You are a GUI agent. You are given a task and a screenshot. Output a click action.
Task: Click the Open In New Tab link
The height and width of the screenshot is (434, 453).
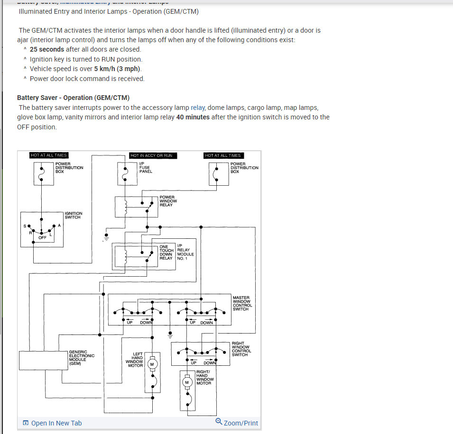pos(56,423)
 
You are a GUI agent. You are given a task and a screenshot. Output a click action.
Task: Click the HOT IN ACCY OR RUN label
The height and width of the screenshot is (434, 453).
pos(151,155)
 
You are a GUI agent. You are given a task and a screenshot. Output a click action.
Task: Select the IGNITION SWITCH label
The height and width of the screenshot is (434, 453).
pos(74,216)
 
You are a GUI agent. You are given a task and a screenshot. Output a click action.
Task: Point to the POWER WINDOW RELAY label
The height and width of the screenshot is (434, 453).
pos(168,201)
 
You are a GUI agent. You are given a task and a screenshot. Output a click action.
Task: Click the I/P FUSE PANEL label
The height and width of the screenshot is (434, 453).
pos(146,168)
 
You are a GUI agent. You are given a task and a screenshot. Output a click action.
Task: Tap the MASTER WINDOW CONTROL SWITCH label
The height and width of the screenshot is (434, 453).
pos(242,303)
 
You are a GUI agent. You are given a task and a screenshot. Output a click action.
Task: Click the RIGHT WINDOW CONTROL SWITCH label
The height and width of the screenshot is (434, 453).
pos(241,349)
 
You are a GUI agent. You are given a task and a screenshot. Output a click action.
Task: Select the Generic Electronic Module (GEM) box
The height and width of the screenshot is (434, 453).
pos(43,360)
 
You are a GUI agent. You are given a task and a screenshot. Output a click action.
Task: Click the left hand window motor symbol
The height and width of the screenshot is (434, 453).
pos(152,364)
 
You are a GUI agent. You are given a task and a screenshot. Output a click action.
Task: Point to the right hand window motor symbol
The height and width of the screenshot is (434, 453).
pos(187,382)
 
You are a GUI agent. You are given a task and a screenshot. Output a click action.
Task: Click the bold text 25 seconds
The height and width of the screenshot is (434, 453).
pos(47,49)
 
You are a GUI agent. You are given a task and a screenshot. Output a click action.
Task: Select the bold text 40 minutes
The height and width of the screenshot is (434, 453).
pos(193,117)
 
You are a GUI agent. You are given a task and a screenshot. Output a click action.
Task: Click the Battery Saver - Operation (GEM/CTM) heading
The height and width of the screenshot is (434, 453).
pos(73,98)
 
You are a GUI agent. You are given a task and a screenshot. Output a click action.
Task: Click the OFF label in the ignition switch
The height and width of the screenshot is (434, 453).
pos(43,238)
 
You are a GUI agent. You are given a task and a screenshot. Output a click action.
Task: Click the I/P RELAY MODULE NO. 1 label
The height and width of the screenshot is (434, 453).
pos(185,253)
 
